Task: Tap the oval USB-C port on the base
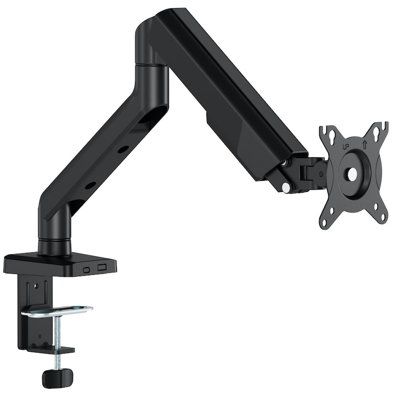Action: [x=86, y=270]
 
